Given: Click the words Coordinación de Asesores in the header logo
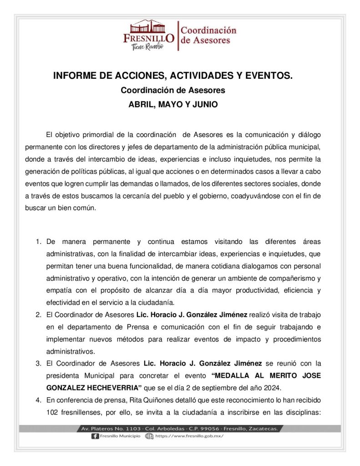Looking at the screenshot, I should (208, 35).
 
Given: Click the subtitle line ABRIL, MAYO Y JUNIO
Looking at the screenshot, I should (173, 104).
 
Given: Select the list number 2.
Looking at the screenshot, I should (39, 314).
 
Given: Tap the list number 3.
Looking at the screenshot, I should (39, 364).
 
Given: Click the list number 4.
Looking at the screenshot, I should (39, 400).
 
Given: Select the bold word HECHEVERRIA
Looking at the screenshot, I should (111, 388).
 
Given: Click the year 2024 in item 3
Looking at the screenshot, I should (273, 388).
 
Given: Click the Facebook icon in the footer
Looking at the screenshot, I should (95, 436).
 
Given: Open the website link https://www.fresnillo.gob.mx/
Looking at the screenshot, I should (189, 436).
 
